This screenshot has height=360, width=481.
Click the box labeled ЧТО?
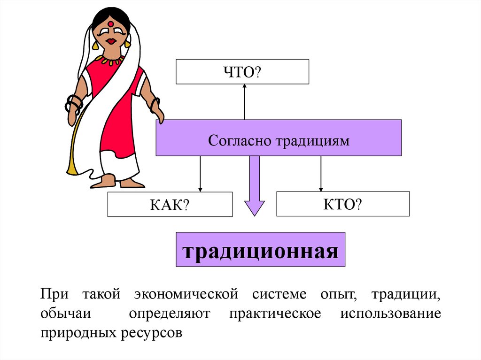(242, 72)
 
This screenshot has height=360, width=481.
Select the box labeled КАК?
(170, 204)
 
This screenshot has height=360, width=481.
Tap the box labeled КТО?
(342, 204)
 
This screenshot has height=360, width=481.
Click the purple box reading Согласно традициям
(279, 138)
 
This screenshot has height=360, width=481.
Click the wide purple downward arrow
(255, 185)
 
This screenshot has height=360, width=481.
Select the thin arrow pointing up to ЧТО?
(244, 101)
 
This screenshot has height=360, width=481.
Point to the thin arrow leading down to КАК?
(201, 174)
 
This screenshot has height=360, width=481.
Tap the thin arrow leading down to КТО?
(321, 174)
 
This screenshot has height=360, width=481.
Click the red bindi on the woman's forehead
(110, 23)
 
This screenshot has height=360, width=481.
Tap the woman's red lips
(111, 41)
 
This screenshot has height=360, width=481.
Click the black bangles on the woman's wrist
(74, 102)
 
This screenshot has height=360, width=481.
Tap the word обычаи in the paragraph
(62, 314)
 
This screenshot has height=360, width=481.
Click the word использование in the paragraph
(390, 314)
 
